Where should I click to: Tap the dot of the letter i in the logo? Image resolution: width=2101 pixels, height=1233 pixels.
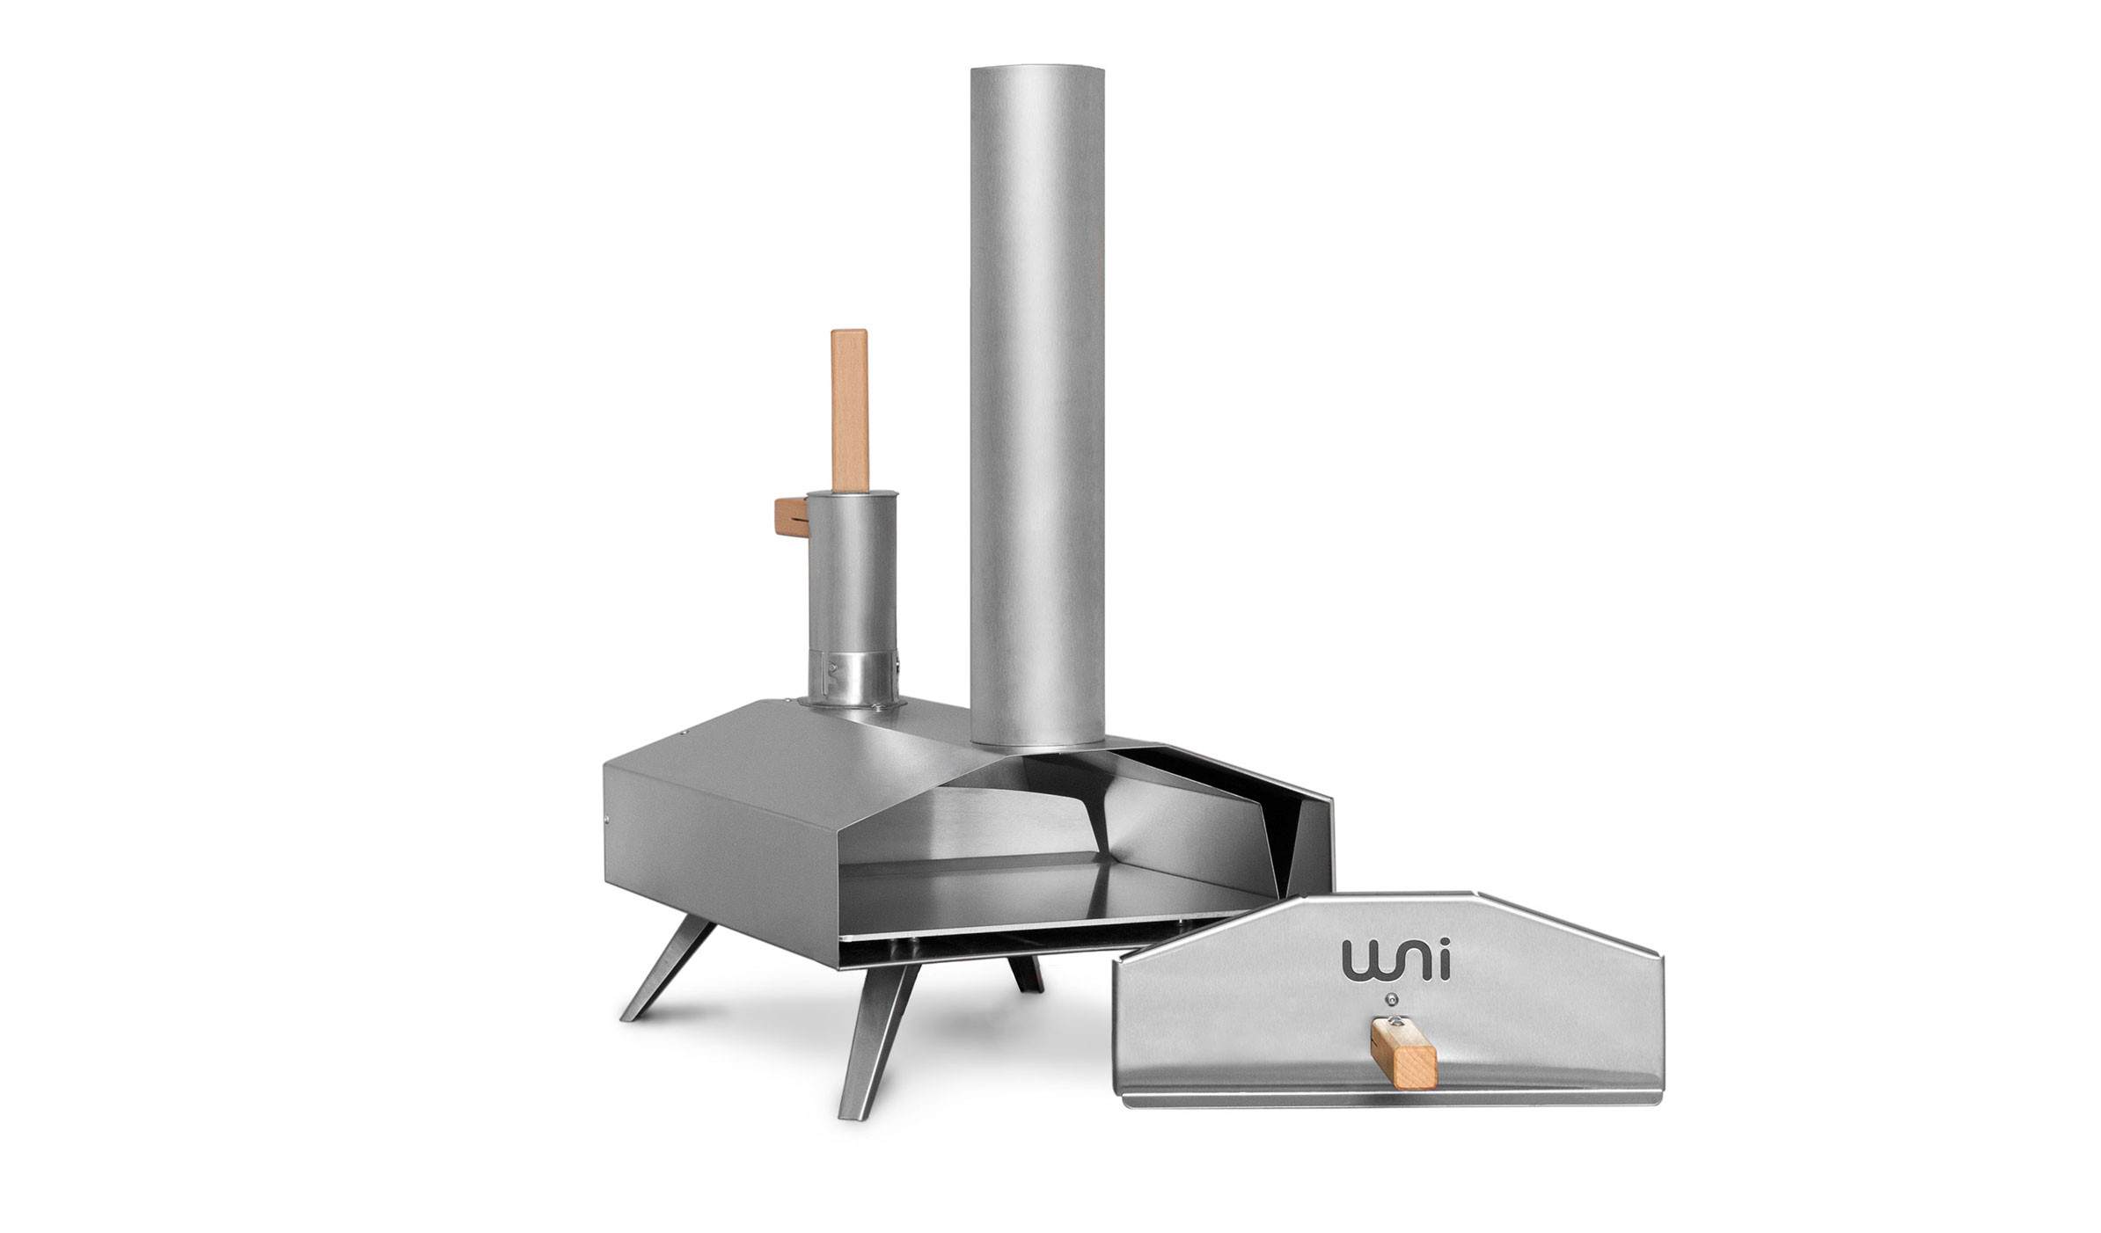pos(1444,945)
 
